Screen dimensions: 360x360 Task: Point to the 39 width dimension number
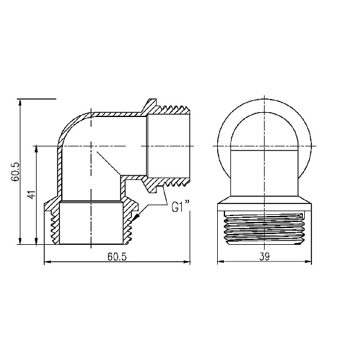point(265,256)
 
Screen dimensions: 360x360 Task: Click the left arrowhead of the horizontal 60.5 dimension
point(49,262)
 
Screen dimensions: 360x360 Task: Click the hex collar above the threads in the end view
point(265,204)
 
